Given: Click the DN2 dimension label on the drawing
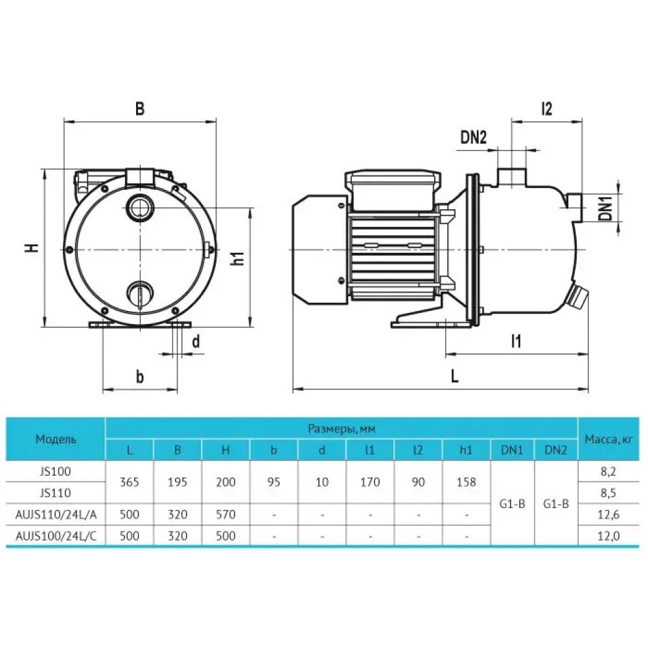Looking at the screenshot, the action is (474, 137).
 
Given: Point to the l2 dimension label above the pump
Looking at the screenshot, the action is (546, 108).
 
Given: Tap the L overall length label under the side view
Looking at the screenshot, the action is (455, 376).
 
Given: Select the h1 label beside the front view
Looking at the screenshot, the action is (238, 259).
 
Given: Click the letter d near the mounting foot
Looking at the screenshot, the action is (196, 341).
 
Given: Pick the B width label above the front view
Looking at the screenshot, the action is (140, 109).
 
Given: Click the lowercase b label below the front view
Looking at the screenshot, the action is (140, 376).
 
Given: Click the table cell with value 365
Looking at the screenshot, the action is (130, 482).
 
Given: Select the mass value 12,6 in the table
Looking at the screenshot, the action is (608, 515).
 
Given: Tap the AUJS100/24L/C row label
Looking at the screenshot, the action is (55, 536).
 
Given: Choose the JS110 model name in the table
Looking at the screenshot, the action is (55, 493).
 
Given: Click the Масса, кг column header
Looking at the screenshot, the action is (608, 439).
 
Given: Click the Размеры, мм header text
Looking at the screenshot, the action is (341, 429).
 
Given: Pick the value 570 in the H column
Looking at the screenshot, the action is (226, 515).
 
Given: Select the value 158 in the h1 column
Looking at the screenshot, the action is (466, 482).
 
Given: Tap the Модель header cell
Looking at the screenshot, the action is (55, 439).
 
